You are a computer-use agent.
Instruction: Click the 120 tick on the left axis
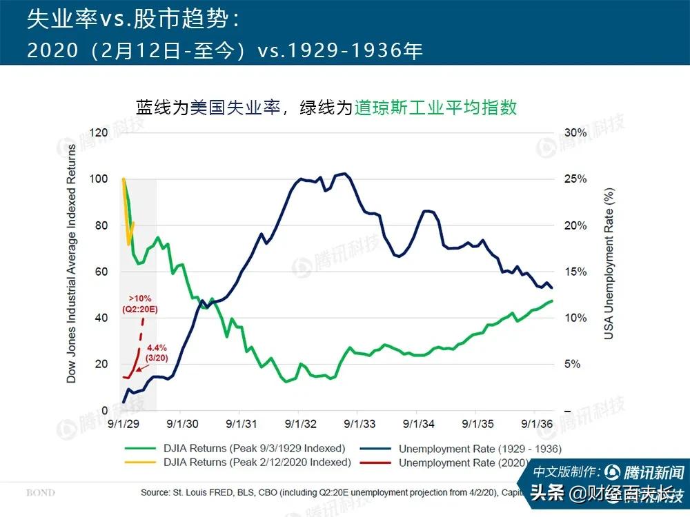100,132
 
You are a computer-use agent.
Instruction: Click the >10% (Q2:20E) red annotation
139,303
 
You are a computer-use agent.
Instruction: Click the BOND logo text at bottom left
40,493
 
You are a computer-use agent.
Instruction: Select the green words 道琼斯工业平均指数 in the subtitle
435,108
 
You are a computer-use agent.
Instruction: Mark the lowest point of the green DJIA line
286,381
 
